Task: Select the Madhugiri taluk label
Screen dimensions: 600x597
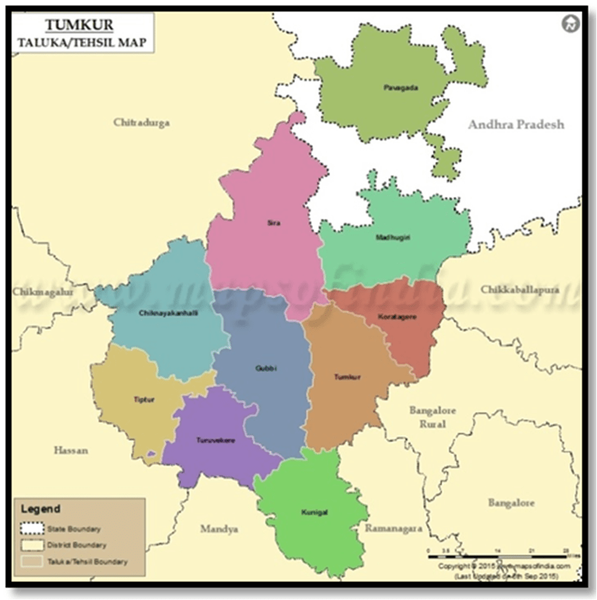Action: [392, 237]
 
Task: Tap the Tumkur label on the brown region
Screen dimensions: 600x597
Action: [347, 377]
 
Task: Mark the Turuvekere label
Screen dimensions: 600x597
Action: [210, 440]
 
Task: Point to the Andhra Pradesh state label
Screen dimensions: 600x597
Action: [516, 125]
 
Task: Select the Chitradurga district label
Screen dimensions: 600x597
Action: [142, 122]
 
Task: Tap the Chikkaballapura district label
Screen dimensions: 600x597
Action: [530, 289]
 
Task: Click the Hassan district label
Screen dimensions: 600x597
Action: [72, 450]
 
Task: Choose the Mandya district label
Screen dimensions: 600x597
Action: [219, 528]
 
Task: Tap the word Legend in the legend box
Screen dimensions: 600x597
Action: [41, 510]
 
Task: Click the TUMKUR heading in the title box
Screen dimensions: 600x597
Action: [79, 26]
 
